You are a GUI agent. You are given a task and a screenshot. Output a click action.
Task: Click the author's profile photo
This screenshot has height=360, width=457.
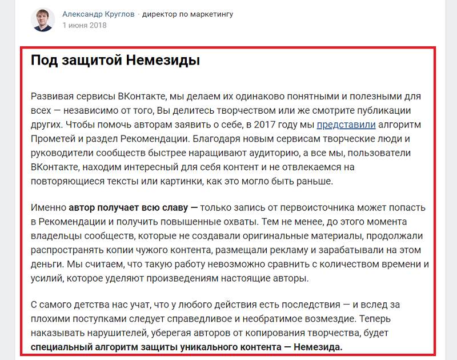tap(43, 19)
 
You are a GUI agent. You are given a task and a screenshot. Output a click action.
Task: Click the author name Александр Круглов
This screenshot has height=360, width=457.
tap(98, 14)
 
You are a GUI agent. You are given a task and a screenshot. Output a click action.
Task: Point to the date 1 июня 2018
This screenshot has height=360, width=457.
tap(85, 26)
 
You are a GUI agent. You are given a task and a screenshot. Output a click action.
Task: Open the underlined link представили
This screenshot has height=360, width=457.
tap(346, 124)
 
